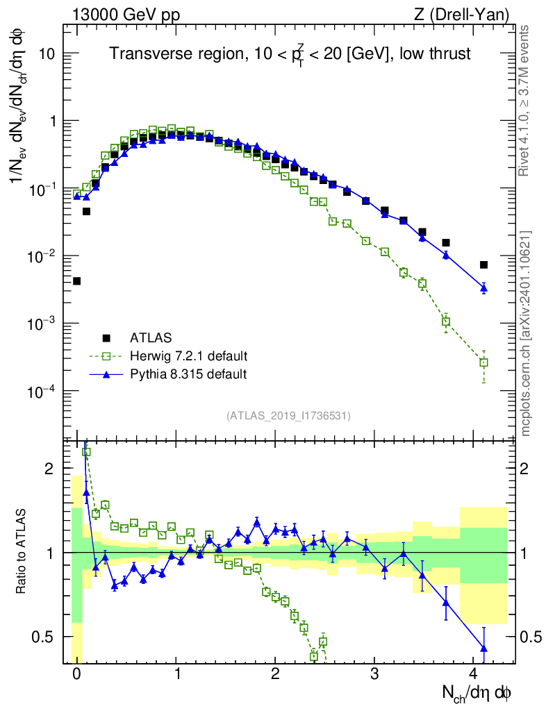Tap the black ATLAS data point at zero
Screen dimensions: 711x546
pos(76,281)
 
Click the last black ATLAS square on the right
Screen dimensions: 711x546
pos(483,265)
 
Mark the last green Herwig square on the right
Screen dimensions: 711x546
pos(483,362)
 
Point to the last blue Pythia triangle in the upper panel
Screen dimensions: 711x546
pos(483,287)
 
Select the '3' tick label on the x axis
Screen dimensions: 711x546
pos(374,674)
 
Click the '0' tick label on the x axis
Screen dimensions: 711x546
pos(76,674)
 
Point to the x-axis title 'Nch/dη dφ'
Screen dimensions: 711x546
pos(477,692)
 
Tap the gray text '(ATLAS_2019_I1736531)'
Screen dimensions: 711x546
pos(288,416)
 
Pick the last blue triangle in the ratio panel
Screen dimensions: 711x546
pos(483,648)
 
